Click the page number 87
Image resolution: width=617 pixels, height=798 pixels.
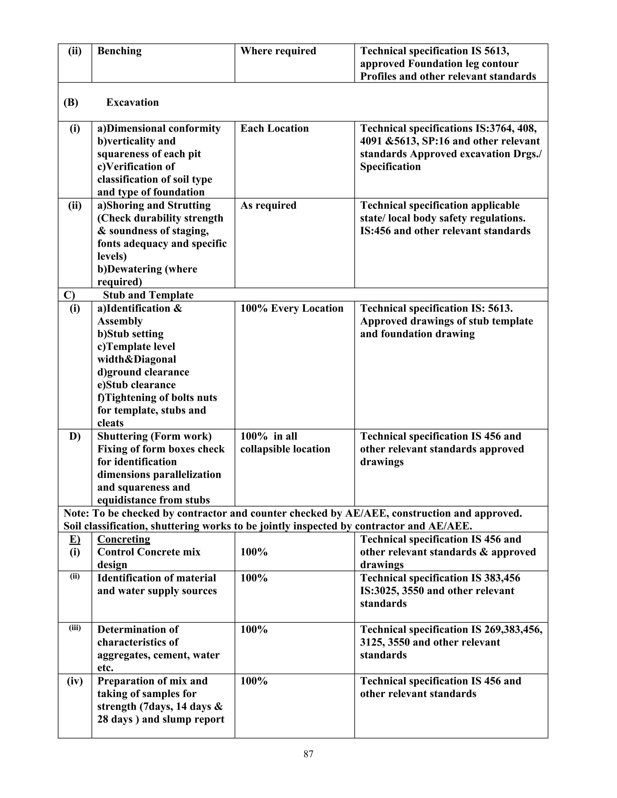tap(308, 754)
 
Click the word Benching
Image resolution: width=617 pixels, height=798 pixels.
tap(119, 51)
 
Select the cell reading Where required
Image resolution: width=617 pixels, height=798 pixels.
tap(278, 51)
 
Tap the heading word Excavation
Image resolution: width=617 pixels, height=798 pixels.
tap(132, 102)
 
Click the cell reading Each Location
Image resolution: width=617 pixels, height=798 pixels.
tap(274, 128)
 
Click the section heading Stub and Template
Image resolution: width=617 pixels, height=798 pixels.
tap(148, 295)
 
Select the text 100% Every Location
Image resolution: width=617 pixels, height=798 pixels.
tap(292, 308)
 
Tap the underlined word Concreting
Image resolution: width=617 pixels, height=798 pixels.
tap(124, 539)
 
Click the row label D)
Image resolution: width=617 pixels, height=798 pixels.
tap(75, 436)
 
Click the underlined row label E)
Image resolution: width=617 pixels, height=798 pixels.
tap(75, 539)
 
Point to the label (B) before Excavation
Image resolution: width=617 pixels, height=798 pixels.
tap(70, 102)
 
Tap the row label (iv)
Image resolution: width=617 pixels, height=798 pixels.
tap(75, 681)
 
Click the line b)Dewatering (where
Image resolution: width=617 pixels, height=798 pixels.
tap(147, 269)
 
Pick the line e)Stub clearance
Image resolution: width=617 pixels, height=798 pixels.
tap(136, 385)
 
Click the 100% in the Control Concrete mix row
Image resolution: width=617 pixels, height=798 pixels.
tap(254, 552)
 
